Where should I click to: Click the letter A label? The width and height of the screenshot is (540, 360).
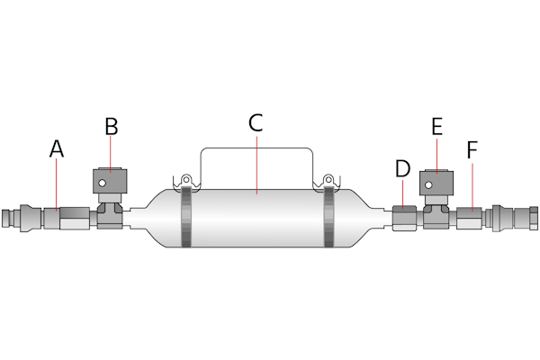57,149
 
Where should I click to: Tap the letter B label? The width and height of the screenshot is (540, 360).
111,126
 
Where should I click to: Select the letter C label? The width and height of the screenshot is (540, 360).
256,123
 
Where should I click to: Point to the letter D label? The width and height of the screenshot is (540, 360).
402,167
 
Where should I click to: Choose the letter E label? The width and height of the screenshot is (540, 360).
436,126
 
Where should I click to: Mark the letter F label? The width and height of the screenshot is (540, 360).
472,149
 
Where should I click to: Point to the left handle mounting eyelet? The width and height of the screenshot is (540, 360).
186,180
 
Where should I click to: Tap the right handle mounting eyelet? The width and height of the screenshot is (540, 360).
328,180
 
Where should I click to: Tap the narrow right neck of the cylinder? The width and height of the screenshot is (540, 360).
379,218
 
